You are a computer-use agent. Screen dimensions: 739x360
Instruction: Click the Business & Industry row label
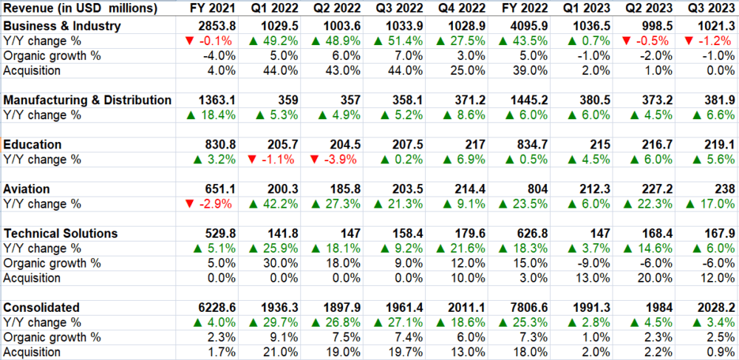(62, 27)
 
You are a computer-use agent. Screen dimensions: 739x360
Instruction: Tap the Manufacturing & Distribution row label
(87, 100)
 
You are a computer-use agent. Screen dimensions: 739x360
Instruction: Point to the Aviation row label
(27, 189)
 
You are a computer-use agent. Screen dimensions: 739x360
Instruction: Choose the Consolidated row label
(41, 308)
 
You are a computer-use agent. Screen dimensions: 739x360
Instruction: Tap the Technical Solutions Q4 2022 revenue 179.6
(470, 234)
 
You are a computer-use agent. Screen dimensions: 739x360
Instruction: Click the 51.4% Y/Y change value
(398, 41)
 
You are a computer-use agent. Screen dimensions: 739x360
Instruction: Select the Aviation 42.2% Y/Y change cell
(273, 203)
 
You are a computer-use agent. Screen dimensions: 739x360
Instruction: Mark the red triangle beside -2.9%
(191, 203)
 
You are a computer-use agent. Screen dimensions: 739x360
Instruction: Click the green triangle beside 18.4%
(197, 115)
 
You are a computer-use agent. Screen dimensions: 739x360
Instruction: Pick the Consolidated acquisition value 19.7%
(406, 352)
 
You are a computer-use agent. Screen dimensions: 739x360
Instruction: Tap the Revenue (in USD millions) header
(81, 8)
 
